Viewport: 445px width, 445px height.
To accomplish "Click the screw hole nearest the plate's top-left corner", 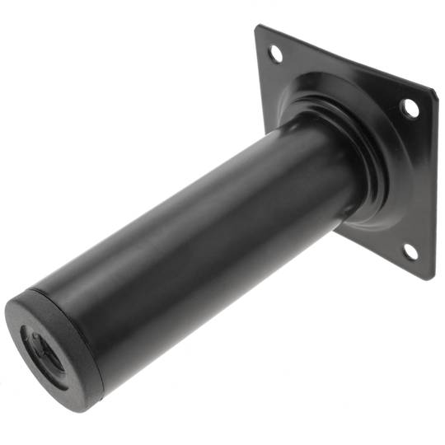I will point(275,54).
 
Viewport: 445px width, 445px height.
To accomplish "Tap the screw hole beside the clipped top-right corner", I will point(410,107).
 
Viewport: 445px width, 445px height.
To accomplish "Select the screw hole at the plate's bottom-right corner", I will point(410,251).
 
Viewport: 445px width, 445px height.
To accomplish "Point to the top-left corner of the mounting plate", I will point(258,27).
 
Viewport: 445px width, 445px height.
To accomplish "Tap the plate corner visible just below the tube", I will point(337,232).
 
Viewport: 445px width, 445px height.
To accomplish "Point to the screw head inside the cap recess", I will point(41,351).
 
